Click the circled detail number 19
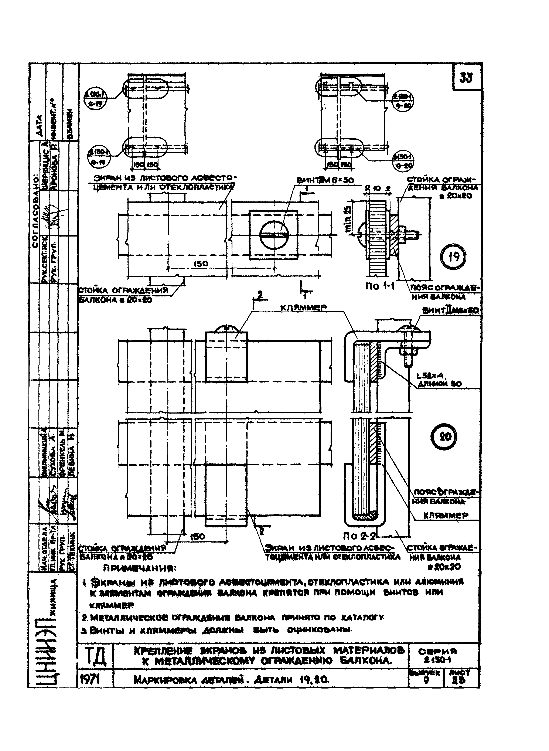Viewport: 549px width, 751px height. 454,256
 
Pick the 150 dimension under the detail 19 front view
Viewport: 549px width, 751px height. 201,264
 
